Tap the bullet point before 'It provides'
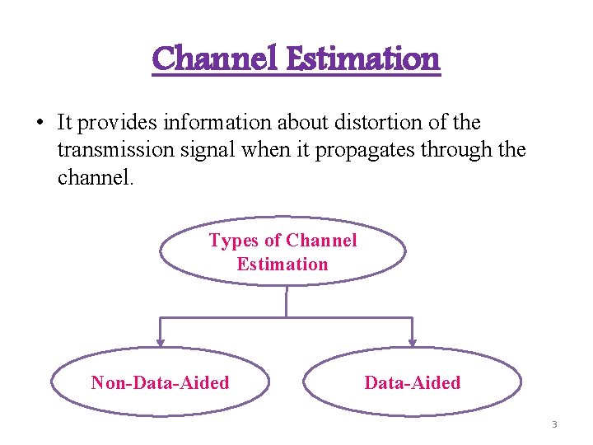point(38,123)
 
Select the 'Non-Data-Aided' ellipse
point(161,382)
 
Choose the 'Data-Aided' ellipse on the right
point(412,382)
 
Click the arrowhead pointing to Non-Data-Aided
point(161,339)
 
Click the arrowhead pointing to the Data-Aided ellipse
point(412,339)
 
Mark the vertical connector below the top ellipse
point(286,301)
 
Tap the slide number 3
point(554,424)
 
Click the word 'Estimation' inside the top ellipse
point(282,265)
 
